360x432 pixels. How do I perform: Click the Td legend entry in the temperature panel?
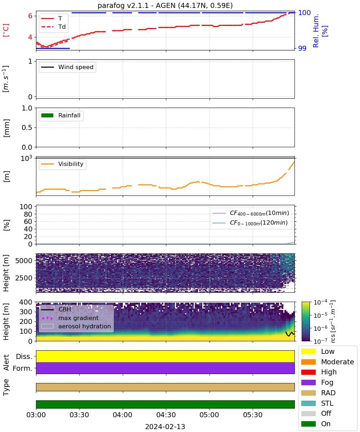pyautogui.click(x=53, y=27)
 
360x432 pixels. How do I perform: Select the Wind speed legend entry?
pyautogui.click(x=67, y=67)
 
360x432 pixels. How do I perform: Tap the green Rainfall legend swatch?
pyautogui.click(x=48, y=115)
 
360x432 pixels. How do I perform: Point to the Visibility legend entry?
pyautogui.click(x=62, y=164)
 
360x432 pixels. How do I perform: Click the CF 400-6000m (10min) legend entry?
pyautogui.click(x=251, y=213)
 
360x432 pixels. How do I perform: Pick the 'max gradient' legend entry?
pyautogui.click(x=70, y=318)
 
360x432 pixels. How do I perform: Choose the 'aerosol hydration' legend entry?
pyautogui.click(x=76, y=326)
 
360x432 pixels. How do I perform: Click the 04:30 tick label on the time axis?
pyautogui.click(x=166, y=415)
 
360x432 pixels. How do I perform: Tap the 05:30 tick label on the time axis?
pyautogui.click(x=253, y=415)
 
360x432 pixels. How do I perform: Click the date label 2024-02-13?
pyautogui.click(x=165, y=427)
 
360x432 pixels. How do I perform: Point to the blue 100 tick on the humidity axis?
pyautogui.click(x=304, y=13)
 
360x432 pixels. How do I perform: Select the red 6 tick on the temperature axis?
pyautogui.click(x=30, y=16)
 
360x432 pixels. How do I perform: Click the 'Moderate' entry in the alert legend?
pyautogui.click(x=328, y=362)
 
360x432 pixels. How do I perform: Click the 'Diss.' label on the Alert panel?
pyautogui.click(x=24, y=356)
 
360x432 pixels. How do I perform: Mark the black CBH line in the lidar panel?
pyautogui.click(x=290, y=333)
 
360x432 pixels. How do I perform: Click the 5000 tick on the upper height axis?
pyautogui.click(x=24, y=261)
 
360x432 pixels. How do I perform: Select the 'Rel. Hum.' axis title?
pyautogui.click(x=316, y=31)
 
